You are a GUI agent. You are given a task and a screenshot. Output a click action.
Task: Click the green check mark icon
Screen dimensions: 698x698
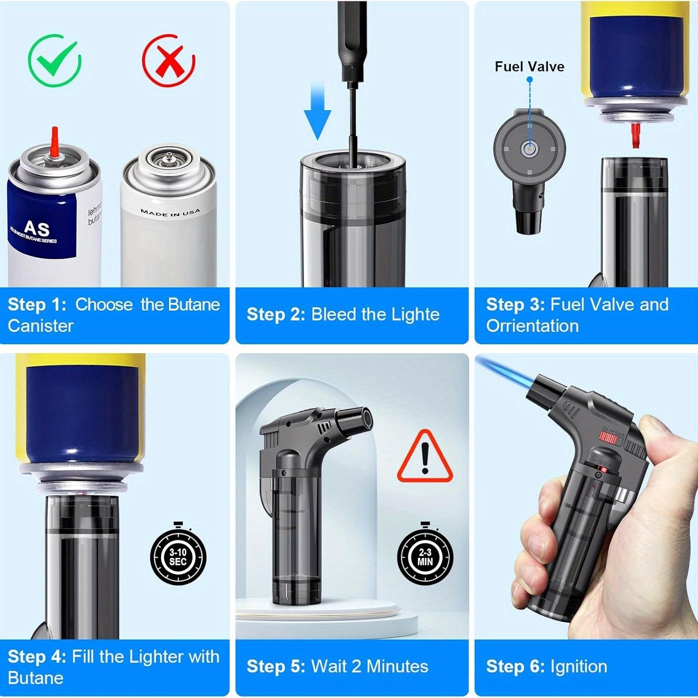tap(55, 60)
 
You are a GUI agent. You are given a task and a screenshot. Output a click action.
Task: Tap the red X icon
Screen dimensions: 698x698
tap(169, 60)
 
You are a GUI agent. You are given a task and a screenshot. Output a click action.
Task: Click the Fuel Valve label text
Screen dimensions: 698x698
tap(529, 66)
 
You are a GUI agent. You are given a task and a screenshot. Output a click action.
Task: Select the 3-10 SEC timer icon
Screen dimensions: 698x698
tap(178, 557)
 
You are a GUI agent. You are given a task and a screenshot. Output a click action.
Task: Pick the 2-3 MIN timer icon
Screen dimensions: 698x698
tap(425, 557)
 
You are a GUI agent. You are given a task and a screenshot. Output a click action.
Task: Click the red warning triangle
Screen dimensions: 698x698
tap(425, 457)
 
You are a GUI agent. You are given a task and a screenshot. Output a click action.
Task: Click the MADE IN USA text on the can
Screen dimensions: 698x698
tap(170, 212)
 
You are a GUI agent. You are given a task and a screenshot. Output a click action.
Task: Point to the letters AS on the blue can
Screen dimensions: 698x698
tap(37, 228)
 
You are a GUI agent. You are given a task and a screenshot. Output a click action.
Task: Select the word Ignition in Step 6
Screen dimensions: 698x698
tap(579, 666)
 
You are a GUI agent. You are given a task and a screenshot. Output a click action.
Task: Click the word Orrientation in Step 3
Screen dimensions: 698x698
tap(532, 326)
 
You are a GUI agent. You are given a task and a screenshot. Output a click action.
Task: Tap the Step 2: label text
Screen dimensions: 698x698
tap(276, 314)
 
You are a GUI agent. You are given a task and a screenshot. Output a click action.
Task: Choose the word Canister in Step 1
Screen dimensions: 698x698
tap(41, 326)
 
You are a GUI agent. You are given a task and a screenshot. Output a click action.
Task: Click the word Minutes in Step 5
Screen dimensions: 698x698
tap(397, 666)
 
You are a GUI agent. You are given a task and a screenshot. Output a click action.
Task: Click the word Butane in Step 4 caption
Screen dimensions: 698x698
tap(36, 678)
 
